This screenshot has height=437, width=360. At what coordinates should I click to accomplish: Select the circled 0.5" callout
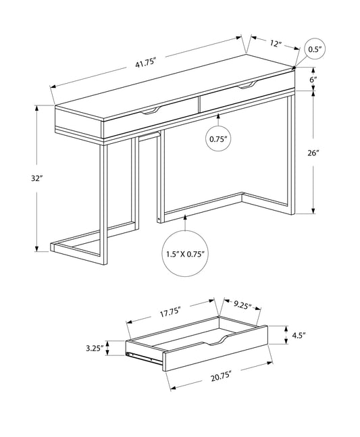314,49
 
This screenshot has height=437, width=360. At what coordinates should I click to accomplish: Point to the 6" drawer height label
313,80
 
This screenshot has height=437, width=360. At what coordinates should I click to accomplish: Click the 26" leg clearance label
313,153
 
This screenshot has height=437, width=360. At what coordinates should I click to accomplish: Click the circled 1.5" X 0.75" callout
184,255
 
